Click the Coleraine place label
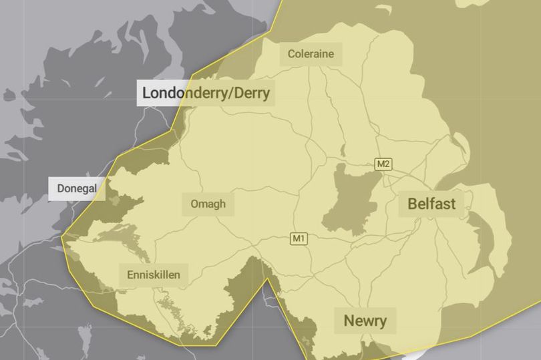click(311, 53)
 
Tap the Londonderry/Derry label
click(206, 93)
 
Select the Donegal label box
click(77, 189)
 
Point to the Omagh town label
click(208, 204)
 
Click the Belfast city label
click(431, 203)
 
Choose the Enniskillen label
click(153, 274)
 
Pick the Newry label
click(365, 321)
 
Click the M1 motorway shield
click(298, 238)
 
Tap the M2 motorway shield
click(383, 164)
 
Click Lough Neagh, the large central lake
click(351, 200)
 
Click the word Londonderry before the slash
click(183, 93)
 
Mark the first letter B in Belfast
click(412, 203)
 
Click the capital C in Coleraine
click(291, 53)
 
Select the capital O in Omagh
click(194, 204)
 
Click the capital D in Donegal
click(61, 189)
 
